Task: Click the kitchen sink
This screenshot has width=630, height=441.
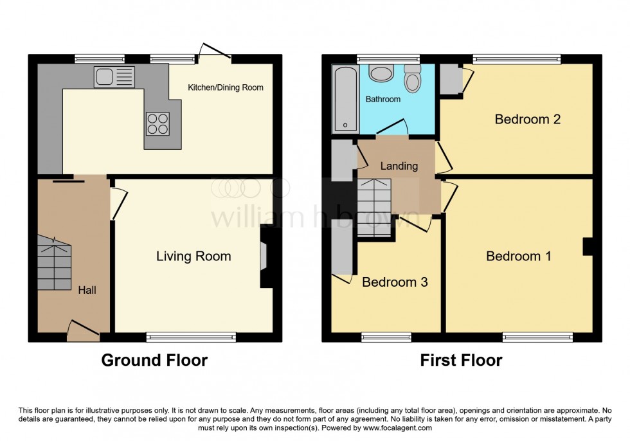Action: click(x=114, y=76)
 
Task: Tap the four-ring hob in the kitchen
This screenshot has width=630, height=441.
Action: click(x=157, y=123)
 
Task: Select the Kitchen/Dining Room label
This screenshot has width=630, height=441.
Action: click(x=225, y=87)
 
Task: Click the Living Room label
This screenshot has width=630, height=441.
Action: click(x=194, y=256)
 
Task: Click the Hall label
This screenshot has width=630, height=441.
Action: click(x=87, y=291)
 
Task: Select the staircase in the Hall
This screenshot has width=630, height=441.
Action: click(x=53, y=264)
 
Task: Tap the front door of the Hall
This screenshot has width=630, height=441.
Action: click(x=83, y=330)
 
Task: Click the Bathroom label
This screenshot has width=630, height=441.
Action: click(x=383, y=99)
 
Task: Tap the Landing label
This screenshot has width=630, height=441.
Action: click(x=399, y=166)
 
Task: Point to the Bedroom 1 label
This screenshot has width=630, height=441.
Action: click(x=518, y=256)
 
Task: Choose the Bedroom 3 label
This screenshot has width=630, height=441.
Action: click(x=394, y=282)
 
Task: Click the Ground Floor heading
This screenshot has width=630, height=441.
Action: click(x=154, y=360)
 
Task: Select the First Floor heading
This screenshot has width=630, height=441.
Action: click(x=461, y=360)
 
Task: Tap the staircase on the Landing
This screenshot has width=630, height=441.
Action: click(x=374, y=207)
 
